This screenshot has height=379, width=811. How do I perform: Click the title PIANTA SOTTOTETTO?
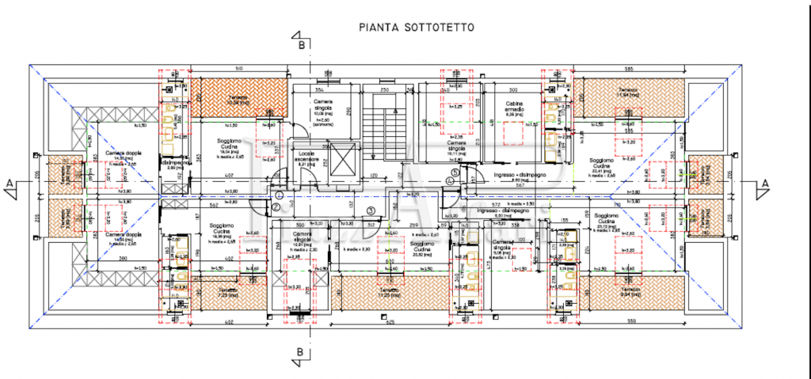[x=417, y=25]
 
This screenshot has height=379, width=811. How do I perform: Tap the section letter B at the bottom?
[x=302, y=352]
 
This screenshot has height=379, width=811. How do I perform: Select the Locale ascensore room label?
[x=308, y=157]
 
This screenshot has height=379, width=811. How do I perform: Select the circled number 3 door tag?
[x=371, y=210]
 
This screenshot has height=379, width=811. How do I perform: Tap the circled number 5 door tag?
[x=455, y=172]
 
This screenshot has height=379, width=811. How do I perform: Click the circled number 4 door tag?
[x=448, y=181]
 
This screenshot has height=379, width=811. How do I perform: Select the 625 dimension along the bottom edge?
[x=390, y=321]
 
